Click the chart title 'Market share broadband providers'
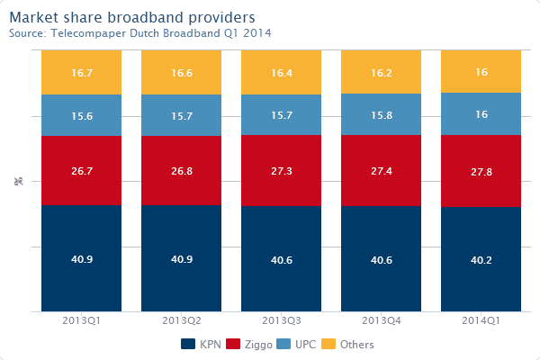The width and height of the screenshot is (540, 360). coord(131,17)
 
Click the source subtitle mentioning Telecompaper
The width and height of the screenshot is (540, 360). coord(139,33)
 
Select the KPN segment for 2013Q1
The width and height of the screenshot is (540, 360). coord(81,258)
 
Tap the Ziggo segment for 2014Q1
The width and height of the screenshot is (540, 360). coord(481,171)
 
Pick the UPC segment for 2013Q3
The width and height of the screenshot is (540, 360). coord(281,114)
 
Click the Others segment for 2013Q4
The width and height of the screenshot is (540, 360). coord(381,72)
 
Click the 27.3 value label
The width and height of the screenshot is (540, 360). coord(281,169)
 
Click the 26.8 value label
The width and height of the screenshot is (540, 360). coord(181,169)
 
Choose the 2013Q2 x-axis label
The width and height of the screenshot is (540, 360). coord(181,321)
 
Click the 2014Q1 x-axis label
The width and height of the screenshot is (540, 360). coord(481,321)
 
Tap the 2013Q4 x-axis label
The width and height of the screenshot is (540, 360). coord(381,321)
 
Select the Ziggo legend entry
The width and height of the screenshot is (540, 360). coord(257,345)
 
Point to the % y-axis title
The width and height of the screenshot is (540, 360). coord(18,182)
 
